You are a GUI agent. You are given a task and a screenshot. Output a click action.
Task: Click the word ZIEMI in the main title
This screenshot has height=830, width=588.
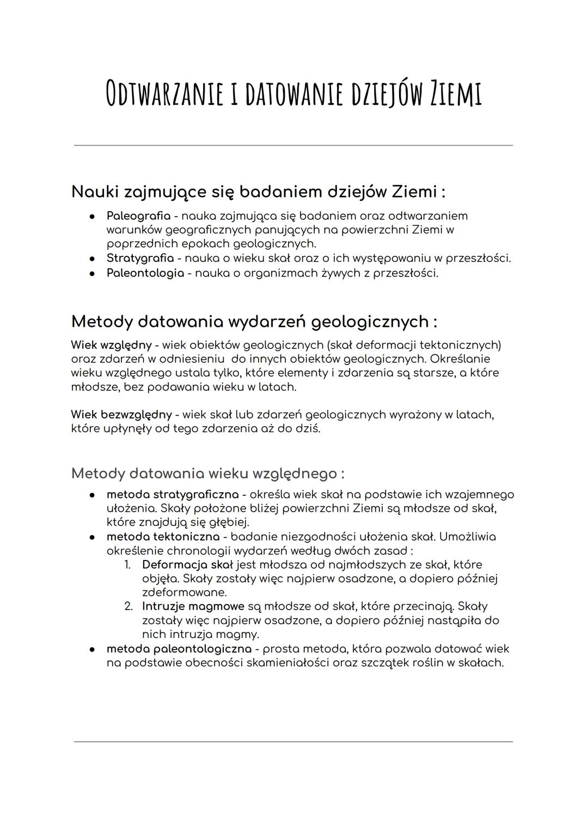[456, 94]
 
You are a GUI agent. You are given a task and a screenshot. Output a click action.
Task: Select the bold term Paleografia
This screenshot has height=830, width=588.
[138, 216]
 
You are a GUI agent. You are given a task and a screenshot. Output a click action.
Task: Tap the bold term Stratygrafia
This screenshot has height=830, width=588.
[140, 258]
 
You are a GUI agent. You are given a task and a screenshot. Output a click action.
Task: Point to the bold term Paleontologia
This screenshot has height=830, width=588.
[145, 273]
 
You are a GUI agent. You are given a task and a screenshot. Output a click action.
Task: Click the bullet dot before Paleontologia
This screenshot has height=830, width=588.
[93, 273]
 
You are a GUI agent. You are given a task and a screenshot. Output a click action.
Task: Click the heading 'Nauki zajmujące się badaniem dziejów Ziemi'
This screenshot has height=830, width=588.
[258, 192]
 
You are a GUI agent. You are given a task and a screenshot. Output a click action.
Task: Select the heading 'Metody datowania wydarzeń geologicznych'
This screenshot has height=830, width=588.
[254, 322]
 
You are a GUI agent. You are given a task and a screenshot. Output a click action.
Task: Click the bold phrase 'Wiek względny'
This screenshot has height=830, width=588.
[111, 345]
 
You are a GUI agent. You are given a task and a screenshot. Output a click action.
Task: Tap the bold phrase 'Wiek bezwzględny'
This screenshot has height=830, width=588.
[121, 415]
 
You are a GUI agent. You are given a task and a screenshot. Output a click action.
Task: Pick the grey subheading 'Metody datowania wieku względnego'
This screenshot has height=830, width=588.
[207, 474]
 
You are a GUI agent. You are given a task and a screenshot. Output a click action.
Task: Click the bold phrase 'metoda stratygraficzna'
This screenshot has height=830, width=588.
[173, 495]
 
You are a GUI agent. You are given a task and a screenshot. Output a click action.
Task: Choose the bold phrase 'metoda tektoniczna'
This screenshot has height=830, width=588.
[163, 537]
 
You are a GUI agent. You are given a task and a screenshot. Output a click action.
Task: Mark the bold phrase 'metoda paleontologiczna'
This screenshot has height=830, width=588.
[179, 649]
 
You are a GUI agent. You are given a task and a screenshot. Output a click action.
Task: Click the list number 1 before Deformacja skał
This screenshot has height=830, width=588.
[127, 565]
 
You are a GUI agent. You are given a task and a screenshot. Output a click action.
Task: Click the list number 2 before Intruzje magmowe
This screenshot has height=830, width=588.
[128, 606]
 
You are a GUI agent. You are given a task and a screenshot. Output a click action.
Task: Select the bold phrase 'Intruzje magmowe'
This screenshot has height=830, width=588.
[193, 606]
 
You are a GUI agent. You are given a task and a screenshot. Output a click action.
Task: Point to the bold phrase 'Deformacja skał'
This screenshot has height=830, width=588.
[187, 565]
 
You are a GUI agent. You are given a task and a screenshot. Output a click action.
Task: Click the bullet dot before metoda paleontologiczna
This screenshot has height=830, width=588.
[93, 649]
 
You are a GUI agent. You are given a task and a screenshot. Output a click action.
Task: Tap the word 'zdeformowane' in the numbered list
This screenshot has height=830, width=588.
[184, 592]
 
